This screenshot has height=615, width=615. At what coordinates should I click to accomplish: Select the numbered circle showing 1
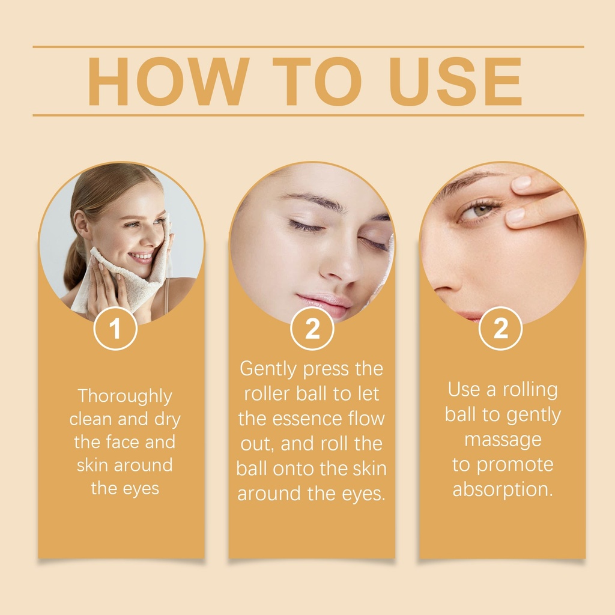[115, 329]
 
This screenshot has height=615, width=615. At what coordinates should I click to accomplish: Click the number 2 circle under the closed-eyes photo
[312, 329]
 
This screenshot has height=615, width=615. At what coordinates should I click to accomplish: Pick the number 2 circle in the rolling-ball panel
[500, 329]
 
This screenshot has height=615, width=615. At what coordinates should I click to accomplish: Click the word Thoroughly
[125, 396]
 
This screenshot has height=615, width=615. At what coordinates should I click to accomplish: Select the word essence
[307, 419]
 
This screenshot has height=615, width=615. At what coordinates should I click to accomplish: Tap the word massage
[503, 440]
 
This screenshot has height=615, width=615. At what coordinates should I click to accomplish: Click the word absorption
[503, 489]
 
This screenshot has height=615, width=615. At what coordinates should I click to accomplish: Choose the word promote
[515, 465]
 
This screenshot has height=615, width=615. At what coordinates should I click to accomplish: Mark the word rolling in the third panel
[530, 390]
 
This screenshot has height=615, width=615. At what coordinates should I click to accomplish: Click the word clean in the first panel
[91, 419]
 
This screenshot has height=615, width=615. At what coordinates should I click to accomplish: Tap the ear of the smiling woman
[82, 225]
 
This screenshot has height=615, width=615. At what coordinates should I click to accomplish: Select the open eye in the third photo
[480, 209]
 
